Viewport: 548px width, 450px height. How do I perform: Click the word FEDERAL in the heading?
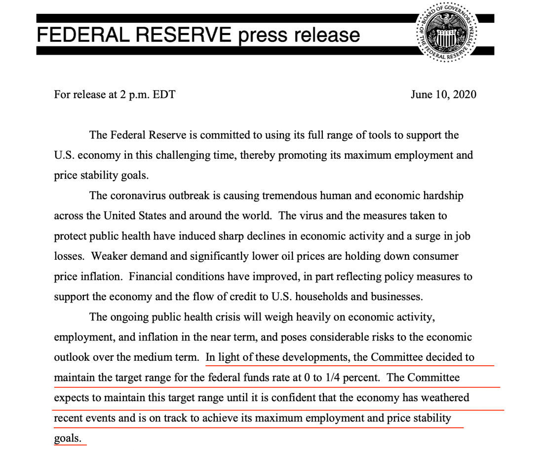82,35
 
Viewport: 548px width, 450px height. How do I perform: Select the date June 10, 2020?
443,94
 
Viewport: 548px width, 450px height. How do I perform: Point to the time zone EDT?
163,94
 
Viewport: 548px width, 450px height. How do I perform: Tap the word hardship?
441,196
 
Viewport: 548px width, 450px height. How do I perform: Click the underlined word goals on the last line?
67,438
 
